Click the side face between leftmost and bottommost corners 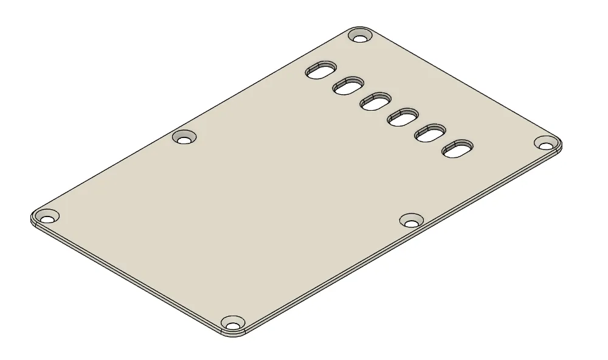click(128, 279)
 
